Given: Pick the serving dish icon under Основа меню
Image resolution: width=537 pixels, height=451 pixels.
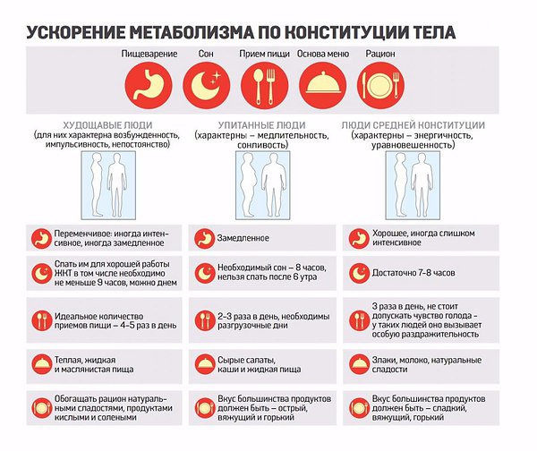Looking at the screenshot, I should point(322,86).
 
